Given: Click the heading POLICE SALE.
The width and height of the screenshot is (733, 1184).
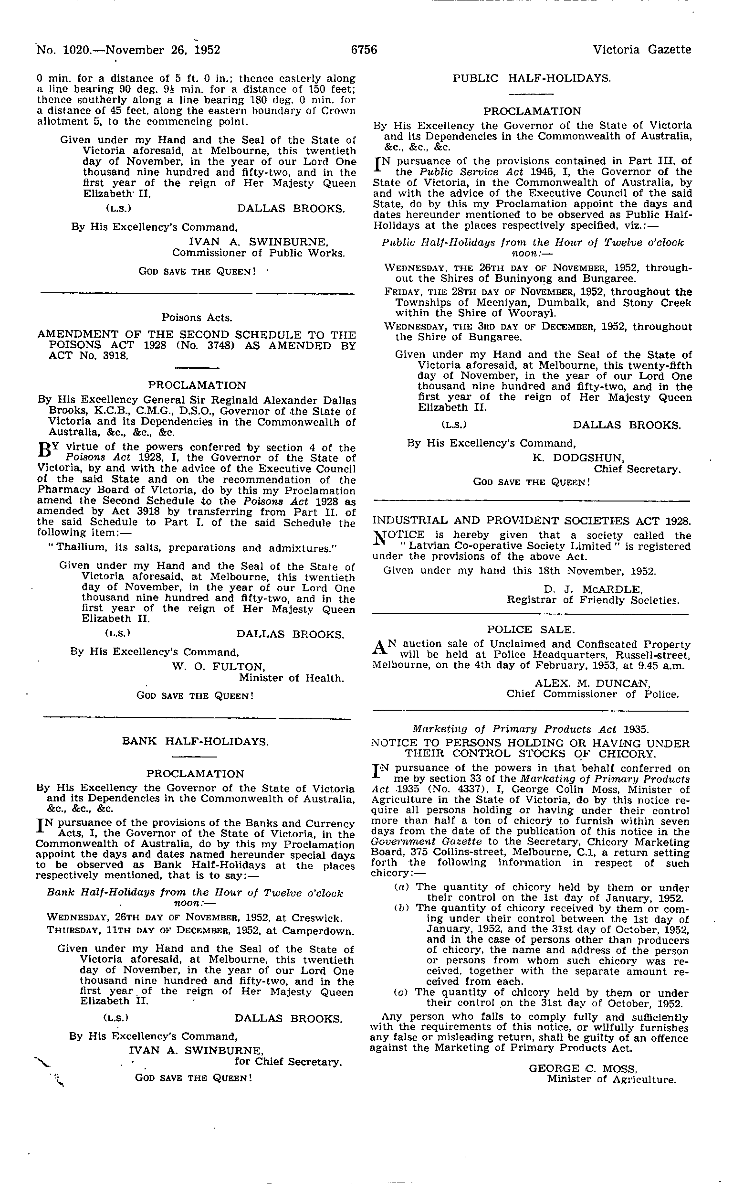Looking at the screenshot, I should pyautogui.click(x=530, y=630).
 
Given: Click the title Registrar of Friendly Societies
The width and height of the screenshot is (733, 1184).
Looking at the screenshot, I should pyautogui.click(x=593, y=600).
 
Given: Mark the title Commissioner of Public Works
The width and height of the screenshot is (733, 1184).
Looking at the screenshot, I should pyautogui.click(x=258, y=253).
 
